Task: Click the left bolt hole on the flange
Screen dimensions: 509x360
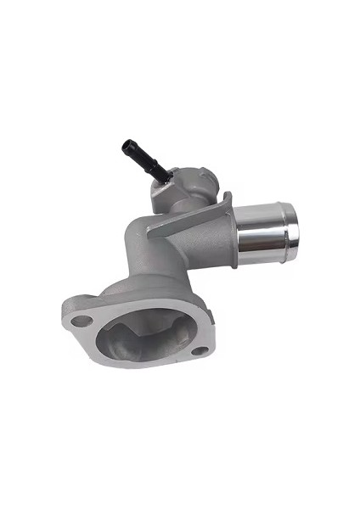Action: pos(81,321)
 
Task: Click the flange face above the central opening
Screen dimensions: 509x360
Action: pos(127,299)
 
